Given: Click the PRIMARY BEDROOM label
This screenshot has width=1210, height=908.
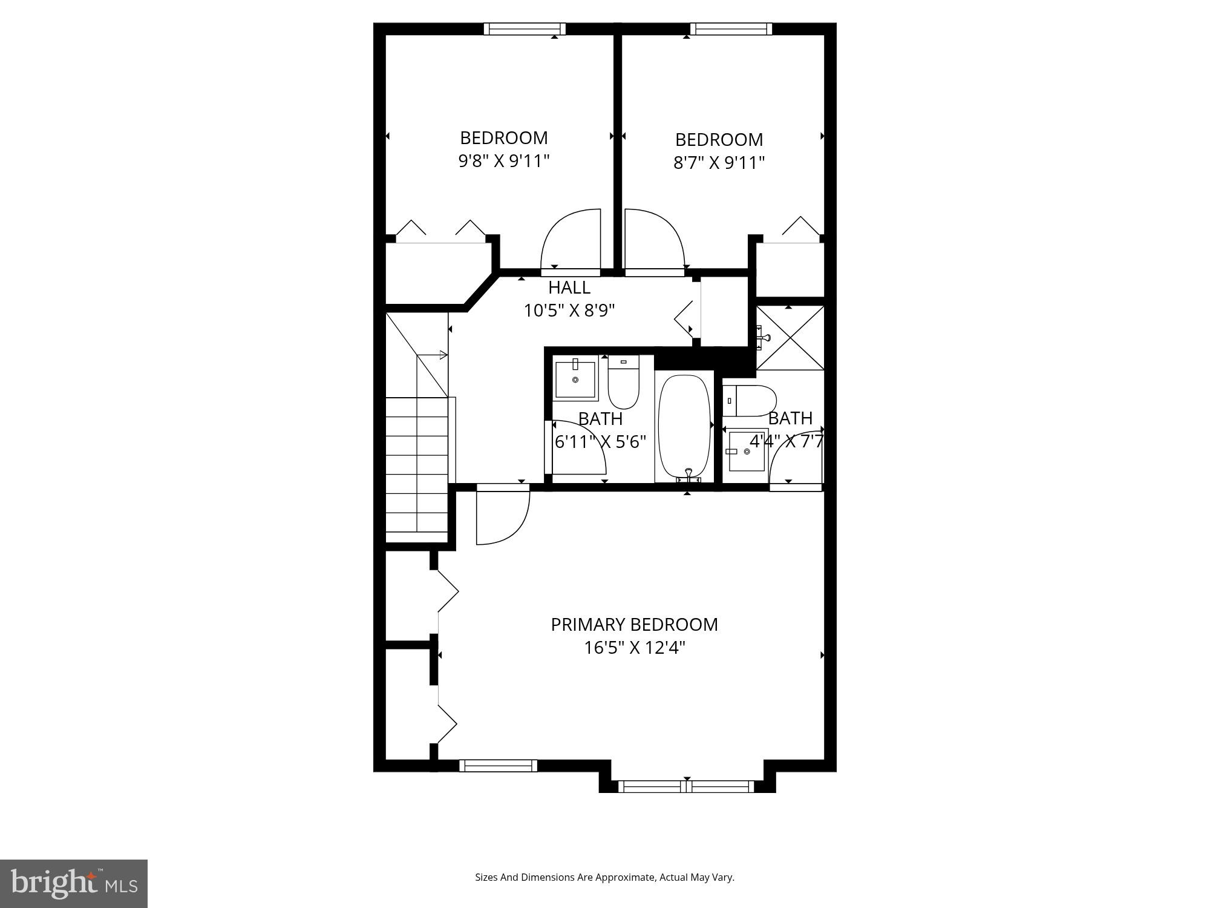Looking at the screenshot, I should point(634,624).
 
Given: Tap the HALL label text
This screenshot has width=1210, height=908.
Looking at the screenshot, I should point(569,287).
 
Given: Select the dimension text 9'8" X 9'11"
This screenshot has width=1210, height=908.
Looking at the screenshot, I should point(503,161).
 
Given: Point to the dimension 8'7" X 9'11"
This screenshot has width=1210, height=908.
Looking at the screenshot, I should point(719,163).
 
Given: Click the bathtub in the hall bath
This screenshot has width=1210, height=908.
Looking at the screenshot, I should point(684,427).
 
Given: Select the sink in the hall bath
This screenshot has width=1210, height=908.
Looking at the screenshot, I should point(575,380).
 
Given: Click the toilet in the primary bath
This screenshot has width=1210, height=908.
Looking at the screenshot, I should point(750,401).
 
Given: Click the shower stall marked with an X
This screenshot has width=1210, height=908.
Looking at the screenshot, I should point(790,337).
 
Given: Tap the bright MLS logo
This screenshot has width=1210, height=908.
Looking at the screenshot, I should point(74,883).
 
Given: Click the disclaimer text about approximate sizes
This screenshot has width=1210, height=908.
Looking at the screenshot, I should point(604,877).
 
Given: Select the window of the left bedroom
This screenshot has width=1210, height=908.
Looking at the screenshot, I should point(525,29).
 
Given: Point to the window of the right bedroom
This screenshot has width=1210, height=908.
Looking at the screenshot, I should point(731,29).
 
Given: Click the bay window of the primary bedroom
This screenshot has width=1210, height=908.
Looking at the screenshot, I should point(687,786).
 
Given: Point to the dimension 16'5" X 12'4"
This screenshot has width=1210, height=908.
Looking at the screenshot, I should point(634,648).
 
